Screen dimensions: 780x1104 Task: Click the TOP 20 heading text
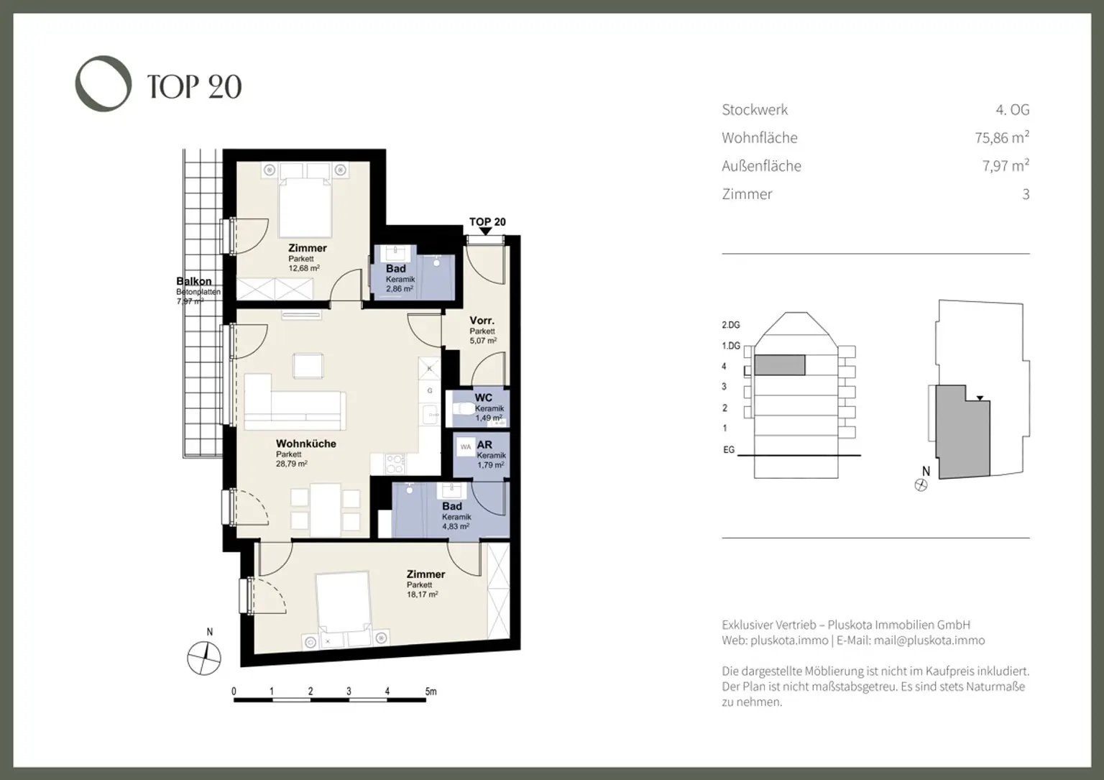pos(194,87)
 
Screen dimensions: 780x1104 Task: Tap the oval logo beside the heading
pos(103,83)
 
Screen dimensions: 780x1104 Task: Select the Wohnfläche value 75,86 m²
pos(1001,137)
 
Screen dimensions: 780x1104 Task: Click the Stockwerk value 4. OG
pos(1012,110)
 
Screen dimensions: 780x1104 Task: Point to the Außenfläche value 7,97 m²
pos(1005,165)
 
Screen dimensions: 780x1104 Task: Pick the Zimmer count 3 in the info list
pos(1026,194)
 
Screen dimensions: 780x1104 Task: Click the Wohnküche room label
pos(306,444)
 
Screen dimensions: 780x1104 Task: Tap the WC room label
pos(483,398)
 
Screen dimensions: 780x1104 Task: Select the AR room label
pos(484,445)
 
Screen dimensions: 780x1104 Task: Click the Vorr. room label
pos(482,321)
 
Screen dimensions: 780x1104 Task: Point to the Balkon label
pos(194,281)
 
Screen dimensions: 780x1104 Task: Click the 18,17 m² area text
pos(422,595)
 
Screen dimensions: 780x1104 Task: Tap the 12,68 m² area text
pos(304,268)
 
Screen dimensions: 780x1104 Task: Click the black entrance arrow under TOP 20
pos(486,231)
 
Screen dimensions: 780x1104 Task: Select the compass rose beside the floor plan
pos(204,657)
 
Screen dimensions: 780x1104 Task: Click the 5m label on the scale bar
pos(430,692)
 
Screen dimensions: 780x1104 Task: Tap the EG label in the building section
pos(729,450)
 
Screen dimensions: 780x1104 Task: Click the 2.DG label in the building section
pos(730,325)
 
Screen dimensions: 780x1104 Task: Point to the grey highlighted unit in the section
pos(778,365)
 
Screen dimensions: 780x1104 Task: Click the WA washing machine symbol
pos(466,447)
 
